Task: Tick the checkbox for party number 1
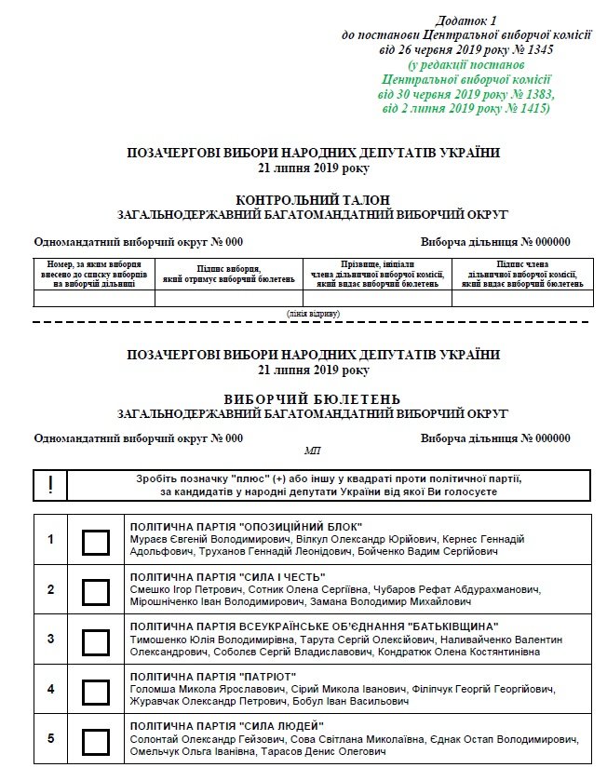point(96,541)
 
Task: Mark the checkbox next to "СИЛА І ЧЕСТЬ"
point(96,591)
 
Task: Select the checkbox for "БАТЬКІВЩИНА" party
point(96,641)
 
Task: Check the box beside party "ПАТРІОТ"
point(96,692)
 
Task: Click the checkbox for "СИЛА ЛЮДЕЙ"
point(96,741)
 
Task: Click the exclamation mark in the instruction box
point(51,485)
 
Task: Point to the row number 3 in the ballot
point(51,640)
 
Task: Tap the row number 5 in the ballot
point(51,739)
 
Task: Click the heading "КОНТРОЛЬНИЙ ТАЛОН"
point(313,200)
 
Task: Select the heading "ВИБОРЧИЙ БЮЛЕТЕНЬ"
point(313,399)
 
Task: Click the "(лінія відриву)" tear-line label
point(313,314)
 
